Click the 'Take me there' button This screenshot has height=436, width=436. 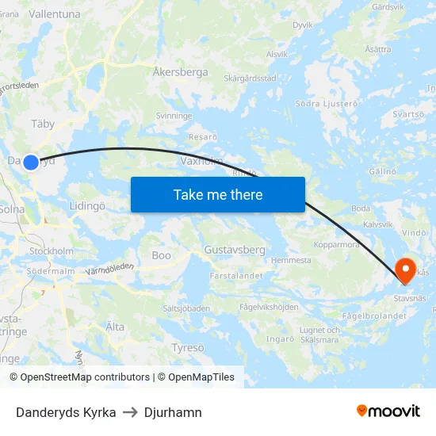pyautogui.click(x=218, y=194)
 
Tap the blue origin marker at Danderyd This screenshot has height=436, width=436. pyautogui.click(x=30, y=163)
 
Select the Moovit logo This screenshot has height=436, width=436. pyautogui.click(x=388, y=411)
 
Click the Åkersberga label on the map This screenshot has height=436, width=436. pyautogui.click(x=181, y=72)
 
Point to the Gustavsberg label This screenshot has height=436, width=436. pyautogui.click(x=235, y=250)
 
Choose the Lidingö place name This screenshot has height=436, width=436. pyautogui.click(x=87, y=205)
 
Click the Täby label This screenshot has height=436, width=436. pyautogui.click(x=43, y=124)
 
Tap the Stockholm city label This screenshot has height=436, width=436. pyautogui.click(x=51, y=251)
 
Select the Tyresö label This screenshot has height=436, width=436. pyautogui.click(x=188, y=347)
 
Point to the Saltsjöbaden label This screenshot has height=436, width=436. pyautogui.click(x=185, y=308)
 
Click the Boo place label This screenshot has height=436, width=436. pyautogui.click(x=161, y=256)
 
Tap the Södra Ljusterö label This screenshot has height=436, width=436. pyautogui.click(x=323, y=103)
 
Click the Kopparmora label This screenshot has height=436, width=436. pyautogui.click(x=336, y=245)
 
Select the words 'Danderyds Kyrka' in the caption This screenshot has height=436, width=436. pyautogui.click(x=66, y=412)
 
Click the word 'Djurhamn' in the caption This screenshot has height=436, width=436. pyautogui.click(x=173, y=412)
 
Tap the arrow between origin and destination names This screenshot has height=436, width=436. pyautogui.click(x=130, y=412)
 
